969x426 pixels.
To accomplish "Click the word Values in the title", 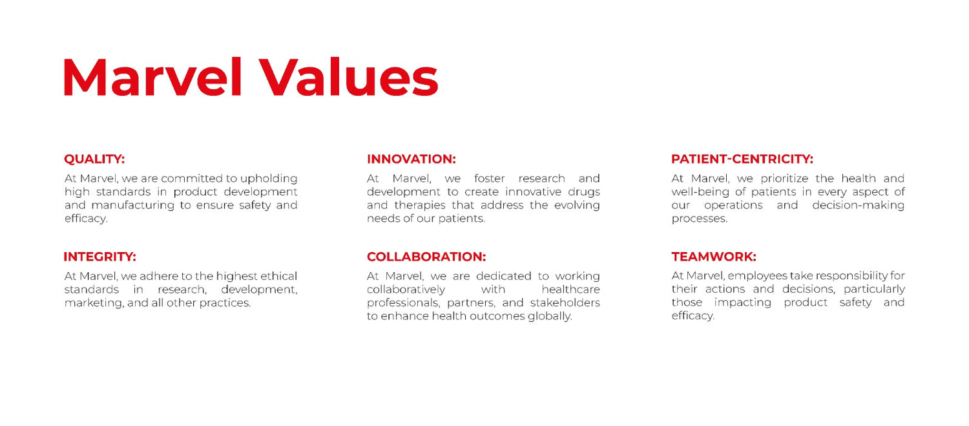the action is tap(350, 77).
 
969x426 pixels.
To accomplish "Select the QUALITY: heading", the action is tap(94, 159).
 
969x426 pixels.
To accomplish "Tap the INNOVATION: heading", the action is tap(412, 159).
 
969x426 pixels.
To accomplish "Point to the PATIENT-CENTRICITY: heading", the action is tap(742, 159).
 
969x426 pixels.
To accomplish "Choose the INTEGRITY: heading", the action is tap(100, 257).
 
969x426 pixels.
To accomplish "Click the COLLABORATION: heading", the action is tap(426, 257).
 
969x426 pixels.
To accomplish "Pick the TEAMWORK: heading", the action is tap(714, 257).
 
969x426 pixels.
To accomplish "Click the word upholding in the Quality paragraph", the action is tap(269, 179).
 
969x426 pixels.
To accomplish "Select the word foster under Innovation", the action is tap(489, 179).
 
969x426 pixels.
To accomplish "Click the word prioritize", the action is tap(784, 179).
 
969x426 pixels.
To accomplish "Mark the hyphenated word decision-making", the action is tap(859, 206).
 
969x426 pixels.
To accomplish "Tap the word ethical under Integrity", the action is tap(278, 276).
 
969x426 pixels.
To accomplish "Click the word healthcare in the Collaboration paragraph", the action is tap(570, 289).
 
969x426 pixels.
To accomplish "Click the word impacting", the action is tap(743, 303).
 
